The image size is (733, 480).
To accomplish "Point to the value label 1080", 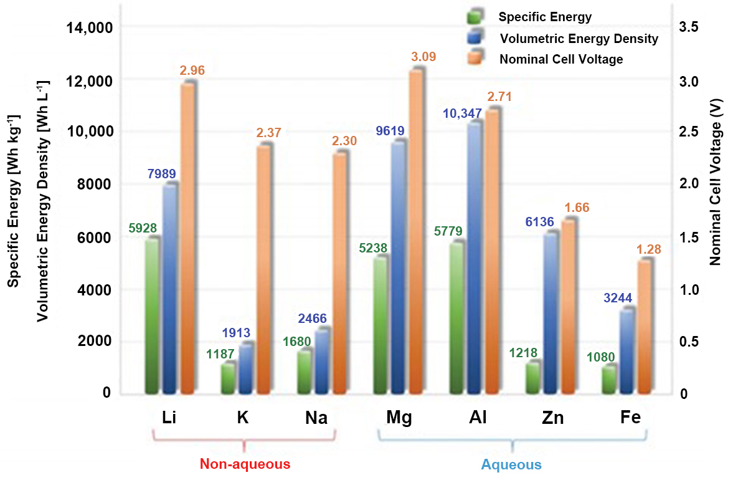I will (600, 357).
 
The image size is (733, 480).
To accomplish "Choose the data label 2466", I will (312, 319).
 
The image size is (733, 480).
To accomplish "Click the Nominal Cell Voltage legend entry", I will (560, 60).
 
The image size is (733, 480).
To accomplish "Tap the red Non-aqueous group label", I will (245, 464).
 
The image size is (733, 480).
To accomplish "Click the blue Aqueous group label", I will (511, 465).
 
